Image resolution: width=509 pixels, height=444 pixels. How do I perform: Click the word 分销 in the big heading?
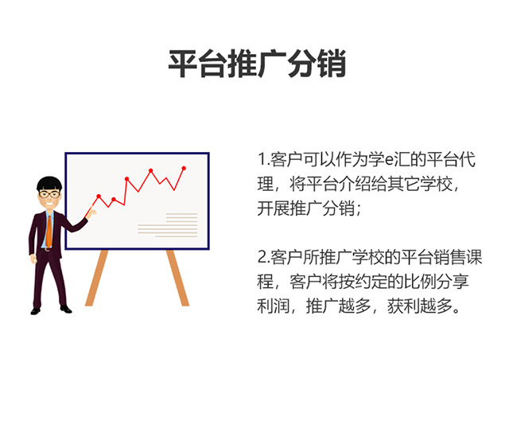coord(317,64)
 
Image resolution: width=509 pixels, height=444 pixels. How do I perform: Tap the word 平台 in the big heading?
coord(197,64)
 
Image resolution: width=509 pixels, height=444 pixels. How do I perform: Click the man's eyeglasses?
coord(49,195)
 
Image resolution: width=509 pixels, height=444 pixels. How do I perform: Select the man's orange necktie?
coord(49,232)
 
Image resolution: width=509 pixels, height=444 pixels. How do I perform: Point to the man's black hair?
coord(49,183)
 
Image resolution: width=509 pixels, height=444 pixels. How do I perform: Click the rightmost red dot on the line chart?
coord(184,168)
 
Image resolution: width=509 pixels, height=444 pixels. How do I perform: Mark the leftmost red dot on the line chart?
coord(99,197)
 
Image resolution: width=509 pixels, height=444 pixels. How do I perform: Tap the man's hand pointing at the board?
coord(91,212)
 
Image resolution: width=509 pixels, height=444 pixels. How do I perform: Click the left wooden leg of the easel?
coord(96,278)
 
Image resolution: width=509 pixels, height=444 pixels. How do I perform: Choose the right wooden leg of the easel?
coord(177,278)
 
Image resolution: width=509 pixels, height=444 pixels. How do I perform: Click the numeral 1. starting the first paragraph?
coord(264,159)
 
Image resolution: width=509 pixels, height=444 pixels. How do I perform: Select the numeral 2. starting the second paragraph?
coord(264,257)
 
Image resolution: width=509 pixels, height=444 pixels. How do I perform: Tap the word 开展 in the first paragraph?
coord(274,208)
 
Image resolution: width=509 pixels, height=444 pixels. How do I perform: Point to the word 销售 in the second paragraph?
coord(449,257)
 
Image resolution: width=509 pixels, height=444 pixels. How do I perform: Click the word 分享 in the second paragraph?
coord(453,282)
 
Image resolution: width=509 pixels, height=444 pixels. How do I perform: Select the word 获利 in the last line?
coord(403,306)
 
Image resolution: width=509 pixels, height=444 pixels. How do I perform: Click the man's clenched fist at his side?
coord(33,259)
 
